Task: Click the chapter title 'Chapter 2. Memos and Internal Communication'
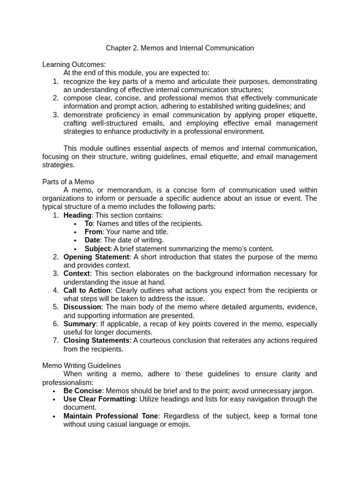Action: [180, 48]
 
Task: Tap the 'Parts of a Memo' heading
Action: [68, 182]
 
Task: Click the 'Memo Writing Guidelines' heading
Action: [82, 365]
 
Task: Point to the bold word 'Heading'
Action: [77, 215]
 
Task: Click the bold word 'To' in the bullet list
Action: [89, 224]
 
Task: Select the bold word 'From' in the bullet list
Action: [93, 232]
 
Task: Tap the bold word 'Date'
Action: [92, 240]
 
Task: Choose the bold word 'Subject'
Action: [97, 249]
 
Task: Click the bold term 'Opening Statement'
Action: [96, 257]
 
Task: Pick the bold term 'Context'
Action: [76, 274]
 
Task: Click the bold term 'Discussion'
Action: [82, 307]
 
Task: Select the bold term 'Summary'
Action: [80, 324]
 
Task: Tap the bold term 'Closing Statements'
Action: [97, 340]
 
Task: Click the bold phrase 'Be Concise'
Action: [82, 391]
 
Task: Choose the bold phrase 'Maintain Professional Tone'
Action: [111, 416]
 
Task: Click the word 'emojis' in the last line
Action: [179, 425]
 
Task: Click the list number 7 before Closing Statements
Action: [55, 340]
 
